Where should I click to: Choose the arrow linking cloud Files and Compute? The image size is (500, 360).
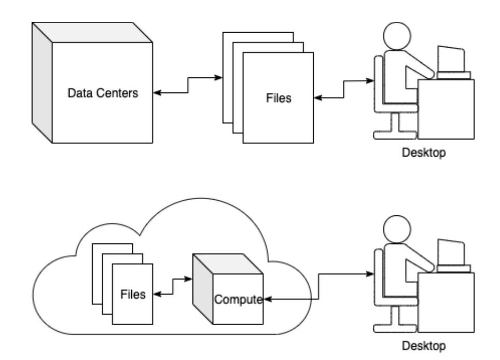pyautogui.click(x=173, y=288)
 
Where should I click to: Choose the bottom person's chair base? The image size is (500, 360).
pyautogui.click(x=396, y=325)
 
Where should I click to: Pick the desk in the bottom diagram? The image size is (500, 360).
pyautogui.click(x=446, y=301)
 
